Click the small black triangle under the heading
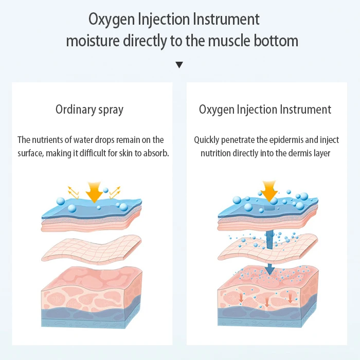click(x=179, y=65)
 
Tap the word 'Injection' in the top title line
click(x=161, y=20)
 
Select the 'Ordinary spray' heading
click(x=89, y=110)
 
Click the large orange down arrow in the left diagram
click(x=95, y=192)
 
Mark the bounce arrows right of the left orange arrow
click(x=115, y=192)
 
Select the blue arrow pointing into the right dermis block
click(x=269, y=267)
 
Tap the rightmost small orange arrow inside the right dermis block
click(x=290, y=298)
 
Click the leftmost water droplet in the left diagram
click(x=60, y=201)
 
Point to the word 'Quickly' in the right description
click(x=206, y=140)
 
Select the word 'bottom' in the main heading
click(x=274, y=41)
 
